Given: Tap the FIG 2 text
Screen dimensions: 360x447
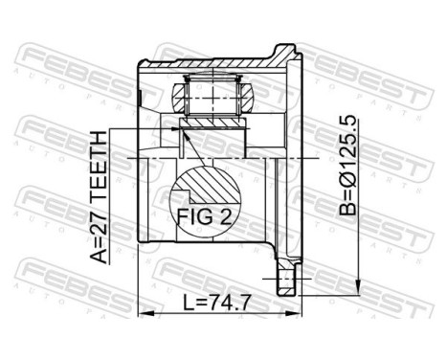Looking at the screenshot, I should [x=204, y=216].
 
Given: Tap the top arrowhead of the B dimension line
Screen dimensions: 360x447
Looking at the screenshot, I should [x=357, y=47].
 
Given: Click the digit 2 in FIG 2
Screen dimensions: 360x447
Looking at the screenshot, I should [x=226, y=216].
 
